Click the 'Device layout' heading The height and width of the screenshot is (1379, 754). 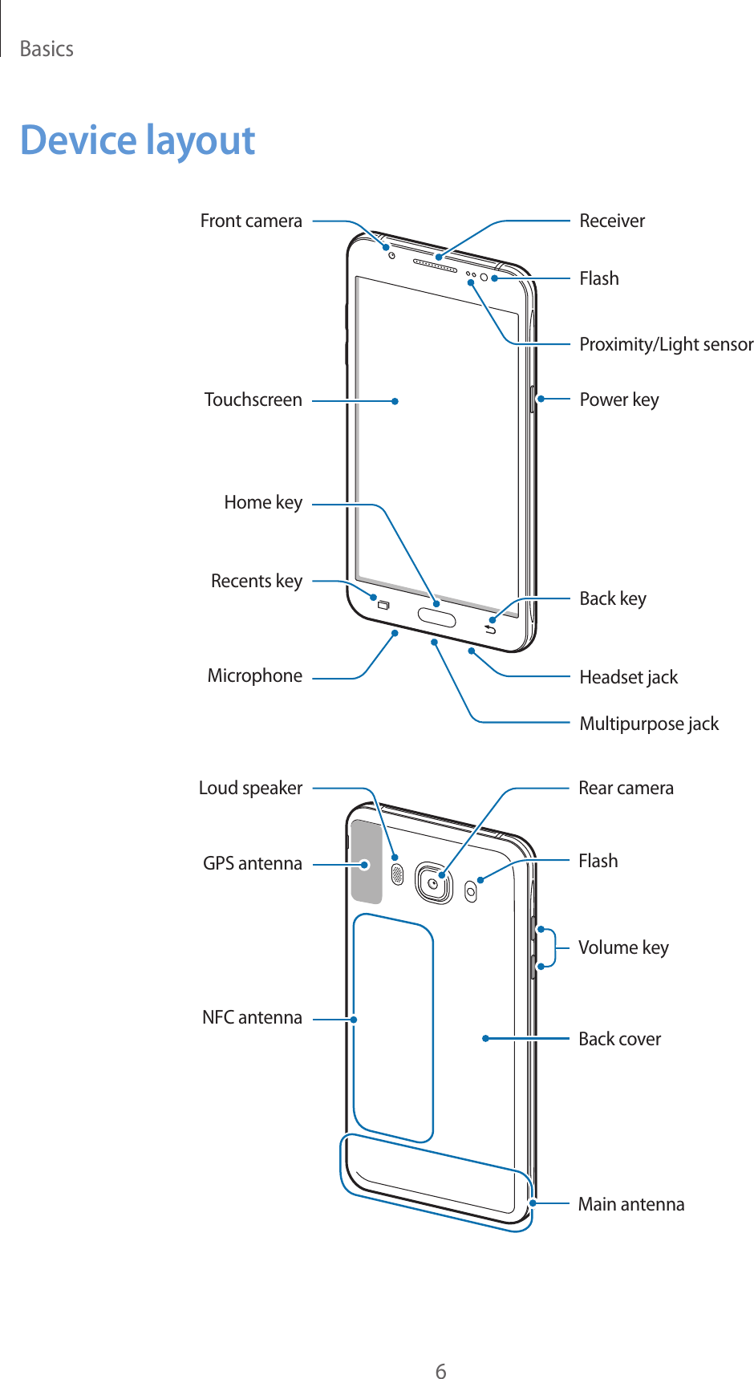pos(137,140)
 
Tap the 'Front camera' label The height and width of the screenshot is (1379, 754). pos(251,221)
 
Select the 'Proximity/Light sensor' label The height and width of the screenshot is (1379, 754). pos(666,345)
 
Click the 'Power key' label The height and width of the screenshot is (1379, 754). pos(618,400)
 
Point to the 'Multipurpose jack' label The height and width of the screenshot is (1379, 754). pos(648,724)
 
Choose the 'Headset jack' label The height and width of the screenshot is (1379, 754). pos(628,678)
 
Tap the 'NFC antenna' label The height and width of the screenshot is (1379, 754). pos(252,1018)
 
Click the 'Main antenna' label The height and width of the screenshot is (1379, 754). pos(630,1204)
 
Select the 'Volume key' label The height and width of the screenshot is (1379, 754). pos(623,947)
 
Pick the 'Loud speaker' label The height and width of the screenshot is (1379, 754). pos(250,789)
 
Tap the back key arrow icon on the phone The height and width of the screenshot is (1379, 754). pos(489,628)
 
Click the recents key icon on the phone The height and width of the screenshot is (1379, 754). pos(383,605)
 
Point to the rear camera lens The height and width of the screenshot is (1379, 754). pos(433,883)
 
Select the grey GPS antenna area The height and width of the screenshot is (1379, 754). pos(367,862)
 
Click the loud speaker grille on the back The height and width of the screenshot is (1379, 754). pos(396,874)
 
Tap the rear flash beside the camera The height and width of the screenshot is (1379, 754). pos(471,890)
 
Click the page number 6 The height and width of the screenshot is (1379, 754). pos(440,1349)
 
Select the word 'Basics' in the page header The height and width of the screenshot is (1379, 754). pos(47,50)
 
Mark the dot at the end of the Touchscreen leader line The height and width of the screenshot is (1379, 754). pos(395,401)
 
